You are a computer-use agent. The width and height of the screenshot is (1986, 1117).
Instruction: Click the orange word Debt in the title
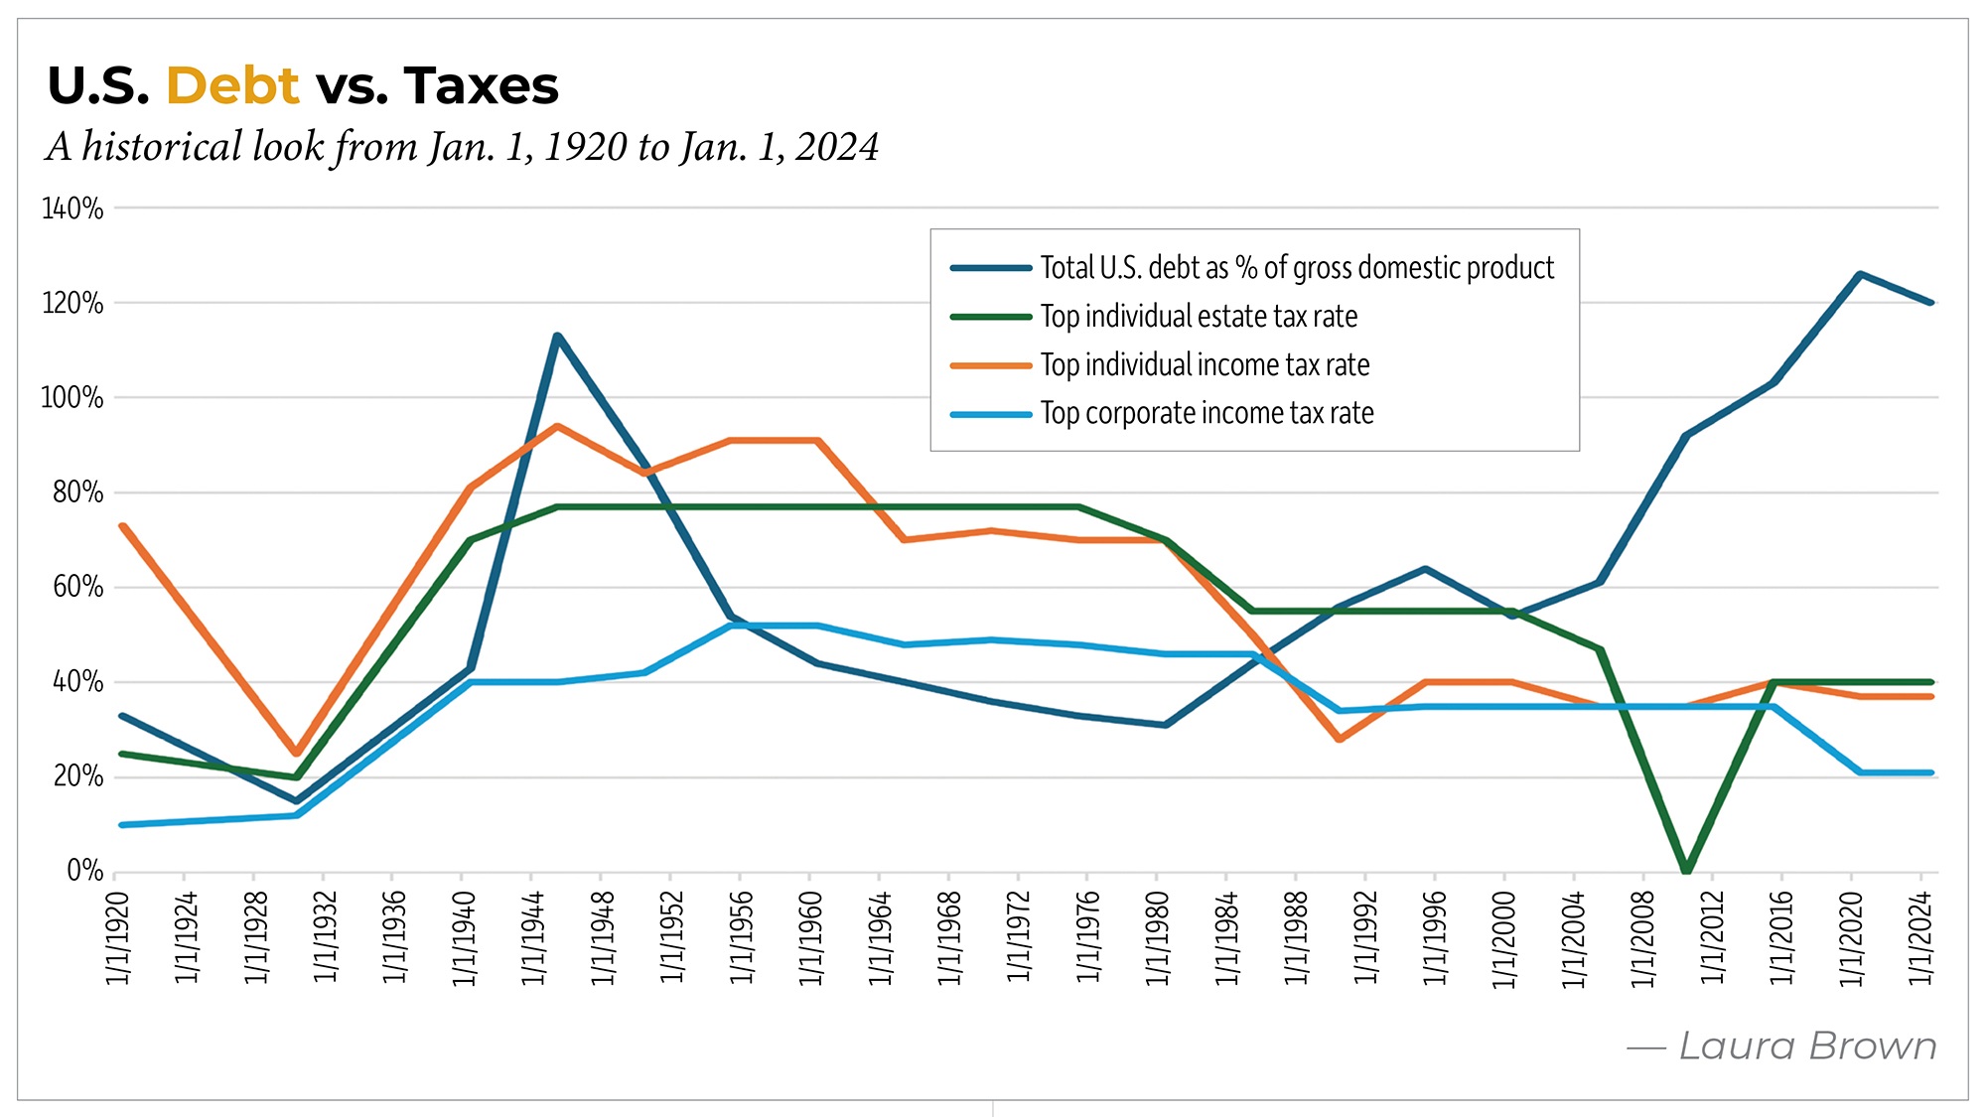point(232,86)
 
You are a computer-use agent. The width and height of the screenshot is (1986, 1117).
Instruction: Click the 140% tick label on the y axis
point(72,209)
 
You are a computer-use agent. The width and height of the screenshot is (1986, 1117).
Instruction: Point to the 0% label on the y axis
point(84,871)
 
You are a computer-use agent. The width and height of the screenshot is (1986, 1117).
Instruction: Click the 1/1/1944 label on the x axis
point(533,937)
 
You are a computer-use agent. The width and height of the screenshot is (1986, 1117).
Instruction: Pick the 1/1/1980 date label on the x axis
point(1158,937)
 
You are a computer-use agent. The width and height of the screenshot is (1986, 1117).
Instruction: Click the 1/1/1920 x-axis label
point(117,937)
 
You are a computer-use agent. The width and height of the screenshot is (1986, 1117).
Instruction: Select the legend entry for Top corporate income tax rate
point(1206,413)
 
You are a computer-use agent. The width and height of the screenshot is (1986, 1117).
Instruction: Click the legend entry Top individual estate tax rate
point(1199,317)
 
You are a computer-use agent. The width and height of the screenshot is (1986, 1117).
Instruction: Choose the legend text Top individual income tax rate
point(1205,365)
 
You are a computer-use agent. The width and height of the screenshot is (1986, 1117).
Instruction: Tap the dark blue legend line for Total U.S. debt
point(990,268)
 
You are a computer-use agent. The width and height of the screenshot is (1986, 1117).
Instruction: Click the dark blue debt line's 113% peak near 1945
point(557,337)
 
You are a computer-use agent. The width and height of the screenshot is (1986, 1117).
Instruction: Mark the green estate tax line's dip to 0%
point(1686,870)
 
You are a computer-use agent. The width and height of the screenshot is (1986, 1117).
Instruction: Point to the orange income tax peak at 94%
point(557,427)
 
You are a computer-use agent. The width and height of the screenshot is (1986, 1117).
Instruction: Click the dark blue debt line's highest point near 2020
point(1859,275)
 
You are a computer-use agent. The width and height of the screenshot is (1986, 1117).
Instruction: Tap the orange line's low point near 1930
point(296,753)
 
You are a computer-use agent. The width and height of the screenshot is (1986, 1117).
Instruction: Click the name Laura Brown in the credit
point(1807,1047)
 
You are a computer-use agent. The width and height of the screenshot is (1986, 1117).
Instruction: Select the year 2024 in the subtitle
point(836,147)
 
